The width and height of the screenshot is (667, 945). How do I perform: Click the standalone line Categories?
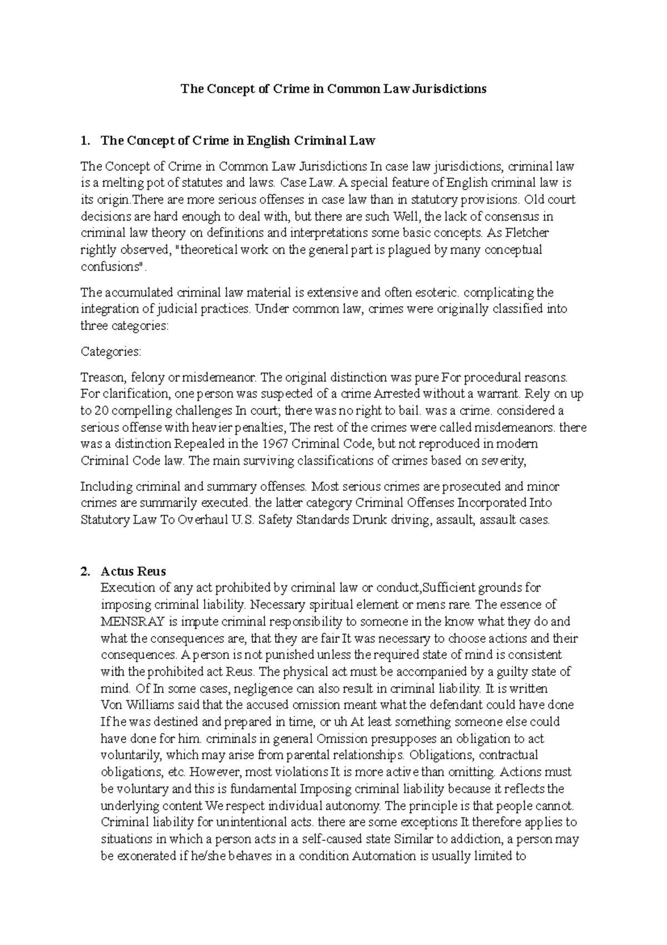[x=111, y=352]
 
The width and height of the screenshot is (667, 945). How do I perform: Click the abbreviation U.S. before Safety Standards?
[x=242, y=520]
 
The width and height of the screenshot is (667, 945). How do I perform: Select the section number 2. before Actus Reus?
[x=84, y=571]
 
